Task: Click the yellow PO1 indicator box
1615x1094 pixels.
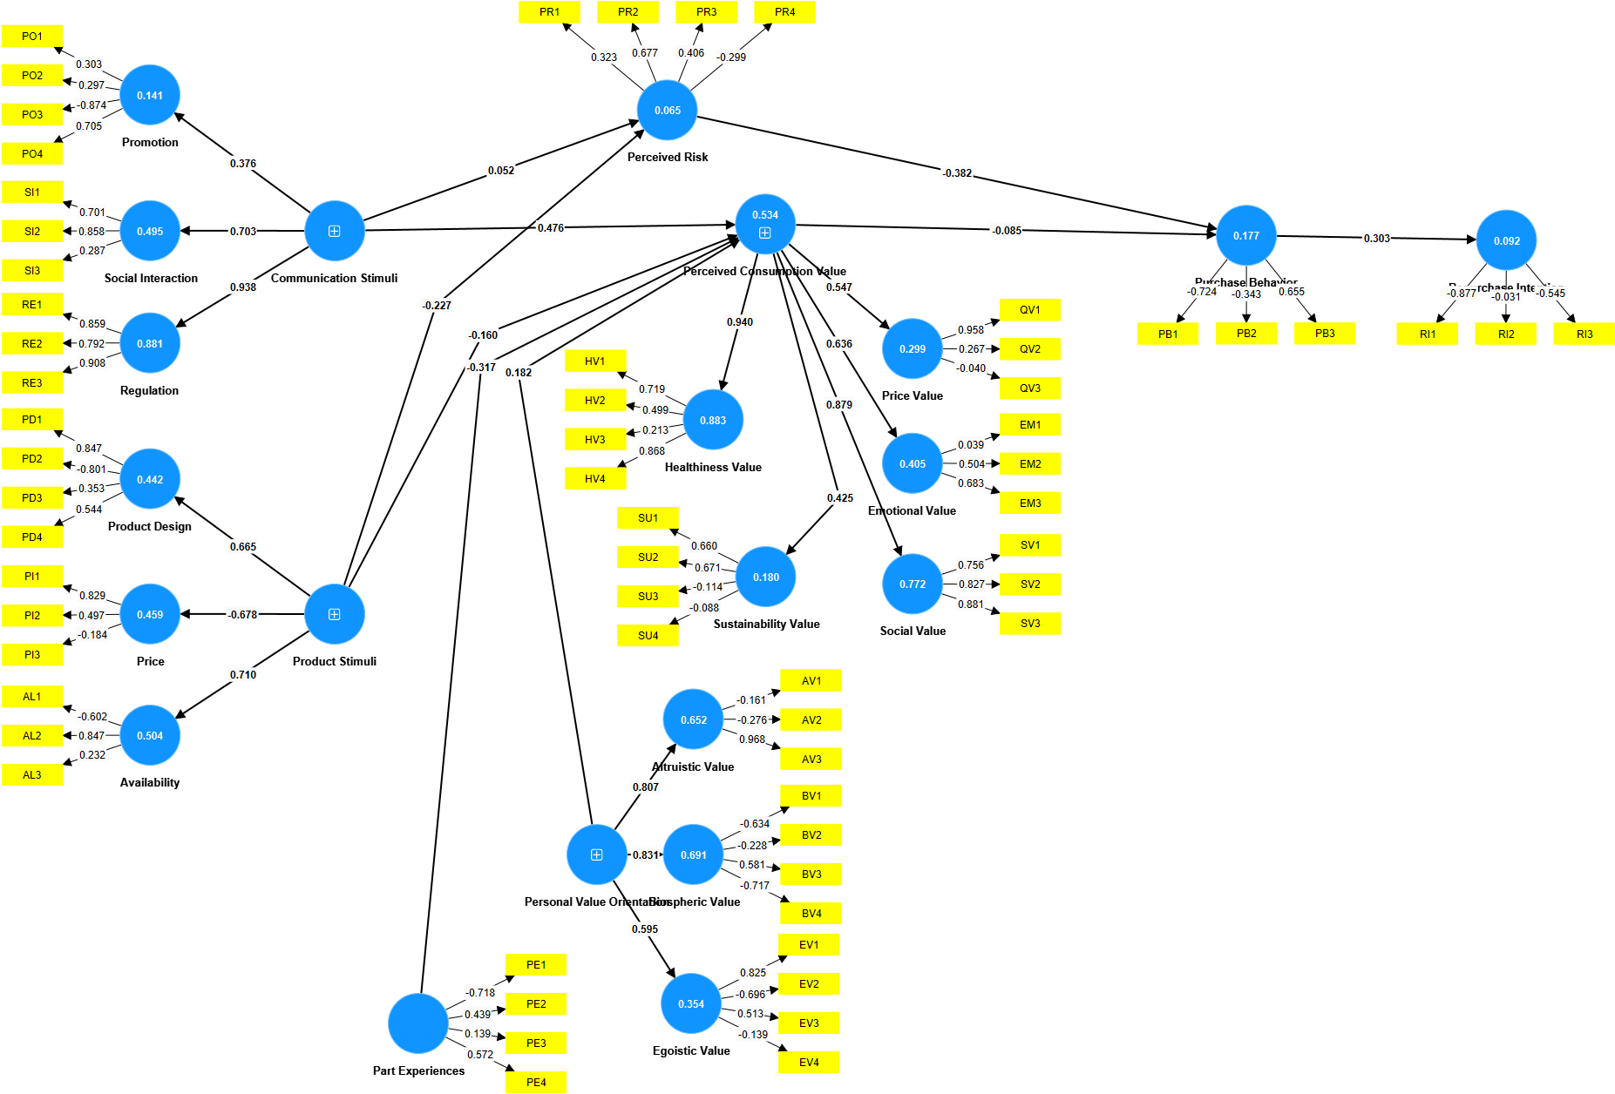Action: [x=32, y=36]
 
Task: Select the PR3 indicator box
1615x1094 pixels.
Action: [x=706, y=12]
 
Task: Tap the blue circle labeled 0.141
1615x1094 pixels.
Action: [x=150, y=95]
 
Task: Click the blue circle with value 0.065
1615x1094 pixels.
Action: [x=667, y=111]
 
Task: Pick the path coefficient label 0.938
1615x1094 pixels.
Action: [x=242, y=287]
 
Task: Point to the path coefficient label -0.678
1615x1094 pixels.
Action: [x=242, y=615]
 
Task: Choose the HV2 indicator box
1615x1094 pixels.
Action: [x=595, y=401]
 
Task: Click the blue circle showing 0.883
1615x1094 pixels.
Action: [x=713, y=420]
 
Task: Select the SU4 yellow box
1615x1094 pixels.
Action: [x=648, y=636]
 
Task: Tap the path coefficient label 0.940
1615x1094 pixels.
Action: [x=739, y=322]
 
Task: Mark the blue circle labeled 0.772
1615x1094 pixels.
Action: [x=913, y=584]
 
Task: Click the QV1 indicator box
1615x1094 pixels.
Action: [x=1029, y=310]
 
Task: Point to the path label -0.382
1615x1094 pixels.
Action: [x=957, y=173]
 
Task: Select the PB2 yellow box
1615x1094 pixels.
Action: [x=1246, y=334]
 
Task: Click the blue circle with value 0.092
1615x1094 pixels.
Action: [x=1506, y=240]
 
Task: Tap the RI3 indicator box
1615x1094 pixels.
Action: [x=1584, y=334]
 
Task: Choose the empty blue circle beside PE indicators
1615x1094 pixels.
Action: [x=418, y=1023]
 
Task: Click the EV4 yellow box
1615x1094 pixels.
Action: [x=809, y=1063]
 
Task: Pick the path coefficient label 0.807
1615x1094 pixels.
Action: [x=645, y=787]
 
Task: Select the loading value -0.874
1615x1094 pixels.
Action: [x=92, y=105]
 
